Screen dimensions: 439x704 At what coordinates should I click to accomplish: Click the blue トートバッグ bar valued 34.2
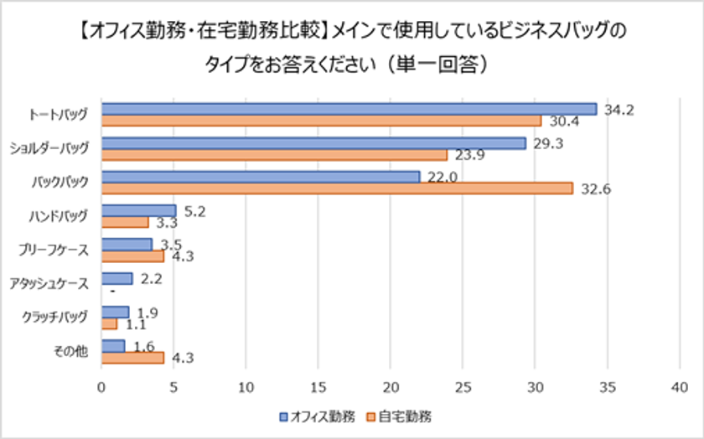pos(349,109)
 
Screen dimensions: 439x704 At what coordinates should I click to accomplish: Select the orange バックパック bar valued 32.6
pos(337,189)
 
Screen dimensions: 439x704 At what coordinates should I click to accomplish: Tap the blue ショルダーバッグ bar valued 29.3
pos(313,143)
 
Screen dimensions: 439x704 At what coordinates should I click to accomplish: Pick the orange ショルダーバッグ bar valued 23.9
pos(274,155)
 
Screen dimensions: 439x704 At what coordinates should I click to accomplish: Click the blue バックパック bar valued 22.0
pos(261,177)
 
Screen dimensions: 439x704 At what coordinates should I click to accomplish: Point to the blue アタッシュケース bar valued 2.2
pos(117,278)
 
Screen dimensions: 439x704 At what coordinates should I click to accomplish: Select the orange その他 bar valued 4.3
pos(132,358)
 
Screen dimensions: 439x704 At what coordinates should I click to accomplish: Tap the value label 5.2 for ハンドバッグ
pos(194,212)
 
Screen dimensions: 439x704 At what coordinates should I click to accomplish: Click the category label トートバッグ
pos(59,115)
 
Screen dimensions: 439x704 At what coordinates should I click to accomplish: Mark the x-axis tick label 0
pos(101,388)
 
